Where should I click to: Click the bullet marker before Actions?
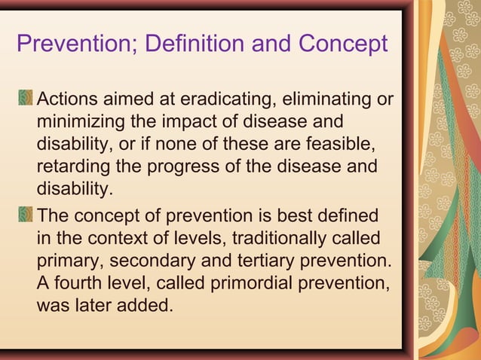[x=26, y=99]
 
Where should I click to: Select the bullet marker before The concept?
[x=26, y=216]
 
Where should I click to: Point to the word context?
[x=115, y=239]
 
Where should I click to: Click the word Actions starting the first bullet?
[x=67, y=99]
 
